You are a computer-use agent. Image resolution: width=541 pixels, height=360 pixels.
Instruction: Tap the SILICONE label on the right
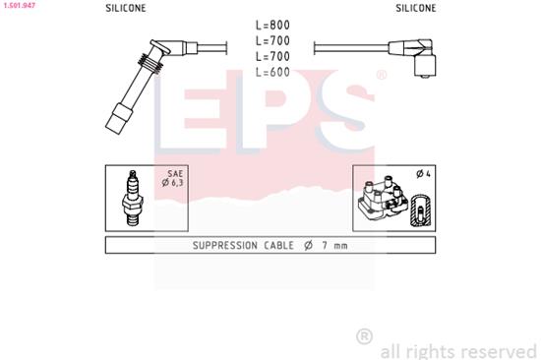coord(416,6)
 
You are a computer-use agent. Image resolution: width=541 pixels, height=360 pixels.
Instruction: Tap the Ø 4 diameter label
coord(424,174)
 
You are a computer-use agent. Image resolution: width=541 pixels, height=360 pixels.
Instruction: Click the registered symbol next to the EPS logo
coord(381,75)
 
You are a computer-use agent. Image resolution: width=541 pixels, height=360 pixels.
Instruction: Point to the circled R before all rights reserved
coord(364,336)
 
